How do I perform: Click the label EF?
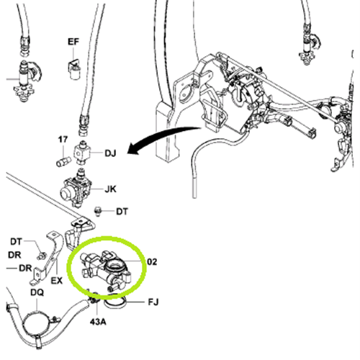coord(73,42)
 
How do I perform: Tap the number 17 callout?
coord(63,140)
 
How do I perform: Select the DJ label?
coord(110,153)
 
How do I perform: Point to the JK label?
coord(110,189)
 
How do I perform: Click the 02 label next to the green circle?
coord(152,261)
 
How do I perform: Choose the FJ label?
coord(153,302)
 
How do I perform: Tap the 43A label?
coord(98,322)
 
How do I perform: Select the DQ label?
coord(37,292)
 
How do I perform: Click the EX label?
coord(57,281)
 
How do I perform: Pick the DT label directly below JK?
coord(122,212)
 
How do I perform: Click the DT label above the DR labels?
coord(16,242)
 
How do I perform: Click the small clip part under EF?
coord(75,69)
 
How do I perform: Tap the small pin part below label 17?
coord(63,162)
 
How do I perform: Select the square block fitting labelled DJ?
coord(82,153)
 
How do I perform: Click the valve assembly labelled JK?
coord(76,189)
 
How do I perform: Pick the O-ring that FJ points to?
coord(114,303)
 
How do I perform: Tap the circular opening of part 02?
coord(114,266)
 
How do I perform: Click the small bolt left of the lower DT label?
coord(98,211)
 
